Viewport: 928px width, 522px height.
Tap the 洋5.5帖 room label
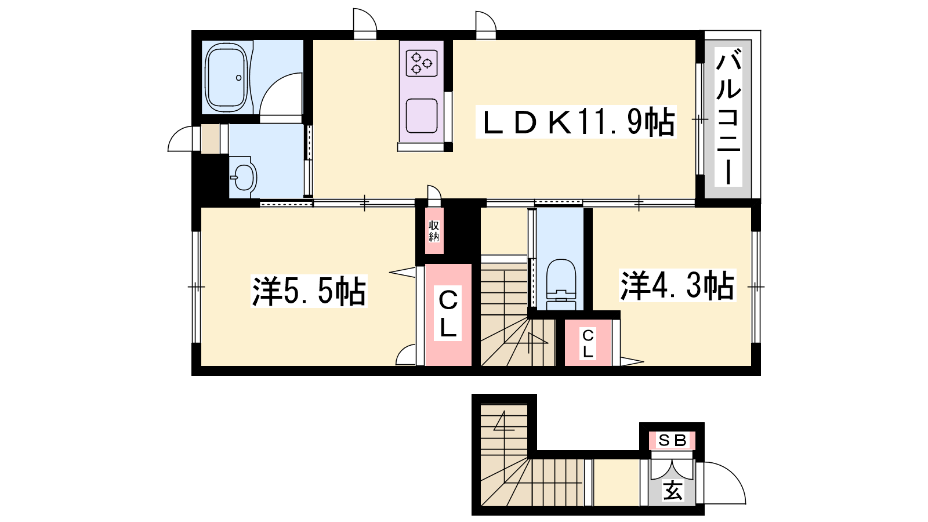pyautogui.click(x=309, y=291)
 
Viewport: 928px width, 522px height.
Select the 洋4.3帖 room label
pyautogui.click(x=677, y=285)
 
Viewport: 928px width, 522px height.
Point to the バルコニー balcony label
pyautogui.click(x=728, y=118)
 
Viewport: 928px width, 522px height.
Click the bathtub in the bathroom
pyautogui.click(x=227, y=77)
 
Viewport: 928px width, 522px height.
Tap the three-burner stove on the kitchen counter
pyautogui.click(x=422, y=63)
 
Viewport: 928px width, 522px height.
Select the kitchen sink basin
pyautogui.click(x=422, y=115)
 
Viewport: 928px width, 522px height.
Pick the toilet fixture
pyautogui.click(x=561, y=284)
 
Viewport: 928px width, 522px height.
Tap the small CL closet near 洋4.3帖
pyautogui.click(x=588, y=343)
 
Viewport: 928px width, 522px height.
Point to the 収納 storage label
pyautogui.click(x=434, y=231)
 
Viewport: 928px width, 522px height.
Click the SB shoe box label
pyautogui.click(x=672, y=440)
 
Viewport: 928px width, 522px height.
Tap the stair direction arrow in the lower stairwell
pyautogui.click(x=504, y=420)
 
